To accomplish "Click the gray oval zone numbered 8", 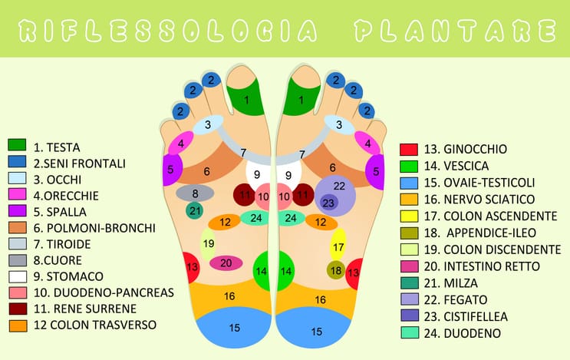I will [195, 193].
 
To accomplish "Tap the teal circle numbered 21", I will [195, 210].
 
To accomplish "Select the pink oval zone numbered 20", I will [226, 263].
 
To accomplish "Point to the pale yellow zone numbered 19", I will [208, 244].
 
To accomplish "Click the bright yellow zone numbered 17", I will [338, 246].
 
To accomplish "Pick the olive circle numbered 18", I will [336, 270].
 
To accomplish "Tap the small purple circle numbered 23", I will [328, 203].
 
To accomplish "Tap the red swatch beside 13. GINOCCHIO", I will [409, 149].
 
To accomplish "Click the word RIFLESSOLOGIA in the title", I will [166, 31].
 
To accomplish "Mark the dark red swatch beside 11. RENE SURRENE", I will [18, 309].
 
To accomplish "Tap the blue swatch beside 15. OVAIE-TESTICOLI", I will [409, 183].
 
